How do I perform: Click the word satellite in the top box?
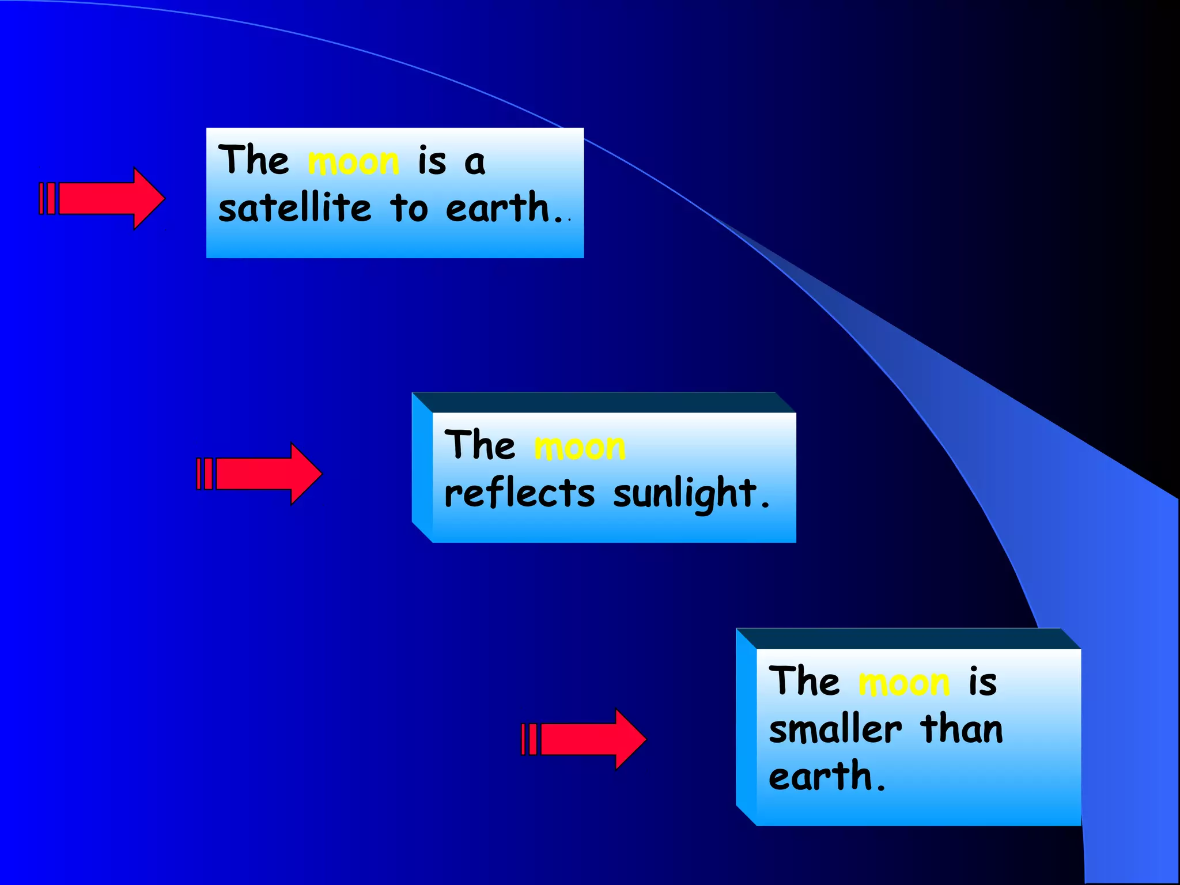295,208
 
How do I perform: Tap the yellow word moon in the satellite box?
353,162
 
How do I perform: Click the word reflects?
519,494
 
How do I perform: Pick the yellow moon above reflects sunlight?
580,447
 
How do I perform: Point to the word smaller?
835,729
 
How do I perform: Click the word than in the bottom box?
962,729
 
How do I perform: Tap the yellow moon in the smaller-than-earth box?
904,683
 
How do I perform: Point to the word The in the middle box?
480,445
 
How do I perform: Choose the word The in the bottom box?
804,682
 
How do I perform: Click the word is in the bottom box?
982,682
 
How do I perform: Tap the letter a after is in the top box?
475,163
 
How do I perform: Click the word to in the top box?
409,208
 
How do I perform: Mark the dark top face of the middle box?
604,402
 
